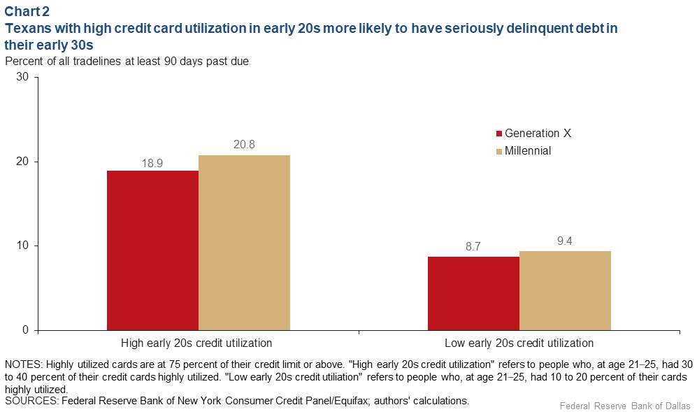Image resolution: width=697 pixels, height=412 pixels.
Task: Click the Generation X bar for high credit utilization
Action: (x=152, y=250)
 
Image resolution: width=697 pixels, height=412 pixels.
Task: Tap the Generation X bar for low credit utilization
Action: (x=473, y=293)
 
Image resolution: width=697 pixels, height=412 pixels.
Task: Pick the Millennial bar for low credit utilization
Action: (x=565, y=290)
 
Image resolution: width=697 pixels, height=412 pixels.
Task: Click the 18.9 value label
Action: (x=152, y=162)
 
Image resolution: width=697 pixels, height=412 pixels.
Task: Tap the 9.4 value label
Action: (x=565, y=242)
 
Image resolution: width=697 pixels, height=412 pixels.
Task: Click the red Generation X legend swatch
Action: (x=499, y=134)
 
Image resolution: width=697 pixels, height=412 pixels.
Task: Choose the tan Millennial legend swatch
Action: (x=499, y=151)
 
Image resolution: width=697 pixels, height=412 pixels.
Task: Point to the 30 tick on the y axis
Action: (x=22, y=78)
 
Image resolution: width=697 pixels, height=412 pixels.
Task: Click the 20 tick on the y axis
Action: (x=22, y=162)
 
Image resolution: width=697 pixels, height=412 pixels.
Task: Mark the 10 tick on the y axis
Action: (x=22, y=246)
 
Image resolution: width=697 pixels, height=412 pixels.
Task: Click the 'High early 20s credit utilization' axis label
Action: (x=196, y=343)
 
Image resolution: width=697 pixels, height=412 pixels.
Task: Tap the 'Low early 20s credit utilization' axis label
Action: (x=519, y=343)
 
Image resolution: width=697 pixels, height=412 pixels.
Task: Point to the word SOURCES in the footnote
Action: (x=29, y=401)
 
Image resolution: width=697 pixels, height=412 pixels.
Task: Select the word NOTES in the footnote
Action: (x=22, y=364)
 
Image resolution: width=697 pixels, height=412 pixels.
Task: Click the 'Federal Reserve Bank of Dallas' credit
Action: (x=624, y=406)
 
